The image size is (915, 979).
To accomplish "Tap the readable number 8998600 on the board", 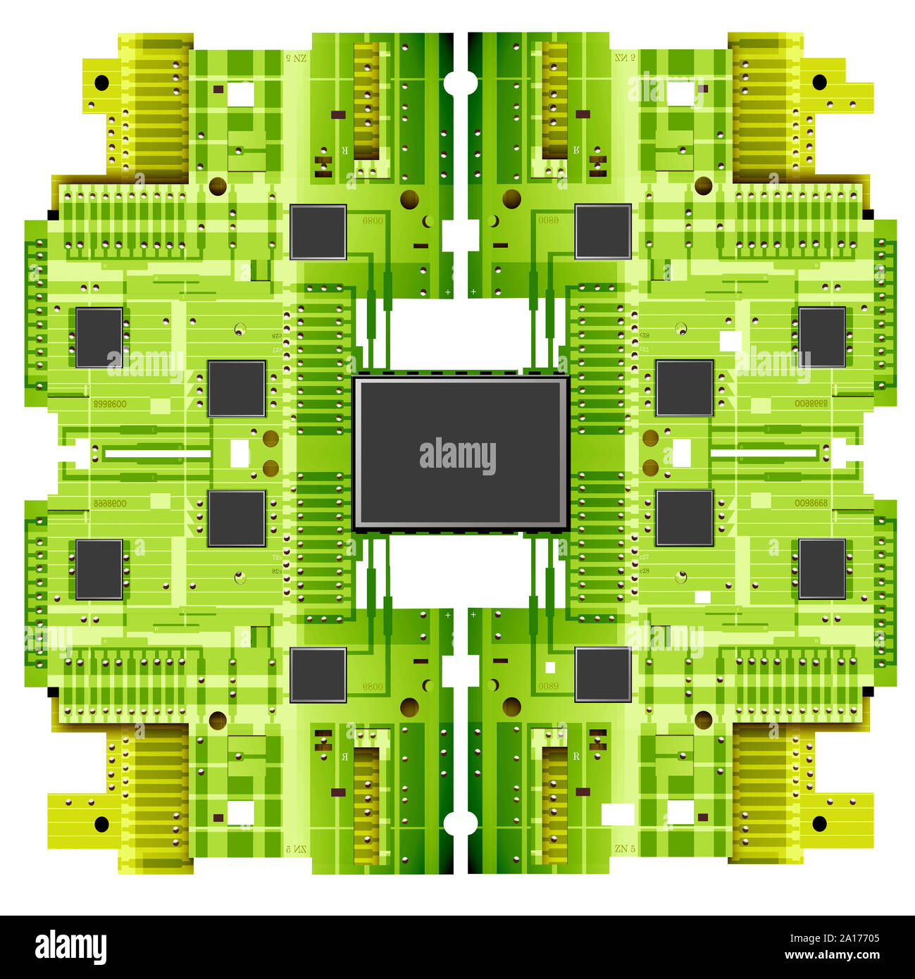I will (x=110, y=404).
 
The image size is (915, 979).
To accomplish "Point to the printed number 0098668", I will (x=811, y=503).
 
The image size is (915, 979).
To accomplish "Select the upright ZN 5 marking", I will (x=625, y=848).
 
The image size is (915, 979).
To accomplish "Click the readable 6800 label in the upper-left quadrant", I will (x=373, y=220).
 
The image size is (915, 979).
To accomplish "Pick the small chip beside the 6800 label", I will (x=318, y=232).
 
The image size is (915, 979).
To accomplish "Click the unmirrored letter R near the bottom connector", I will (x=576, y=756).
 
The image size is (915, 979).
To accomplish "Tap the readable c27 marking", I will (x=644, y=556).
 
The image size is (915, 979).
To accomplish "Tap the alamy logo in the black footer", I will (x=70, y=947).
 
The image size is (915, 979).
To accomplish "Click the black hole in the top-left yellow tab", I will (x=101, y=82).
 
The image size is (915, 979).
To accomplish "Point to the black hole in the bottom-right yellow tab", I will (x=819, y=823).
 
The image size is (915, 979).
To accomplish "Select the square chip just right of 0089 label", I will (x=603, y=674).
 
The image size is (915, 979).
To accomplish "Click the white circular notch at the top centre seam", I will (x=460, y=82).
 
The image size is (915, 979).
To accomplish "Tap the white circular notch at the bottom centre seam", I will (x=460, y=822).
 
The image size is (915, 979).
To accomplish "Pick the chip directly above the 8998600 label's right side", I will (x=99, y=337).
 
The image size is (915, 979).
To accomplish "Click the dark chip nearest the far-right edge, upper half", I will (x=822, y=337).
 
